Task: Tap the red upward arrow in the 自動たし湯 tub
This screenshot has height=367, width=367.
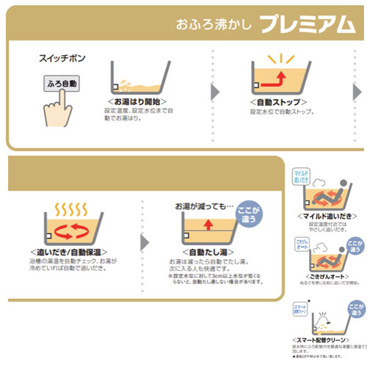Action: (x=208, y=225)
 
